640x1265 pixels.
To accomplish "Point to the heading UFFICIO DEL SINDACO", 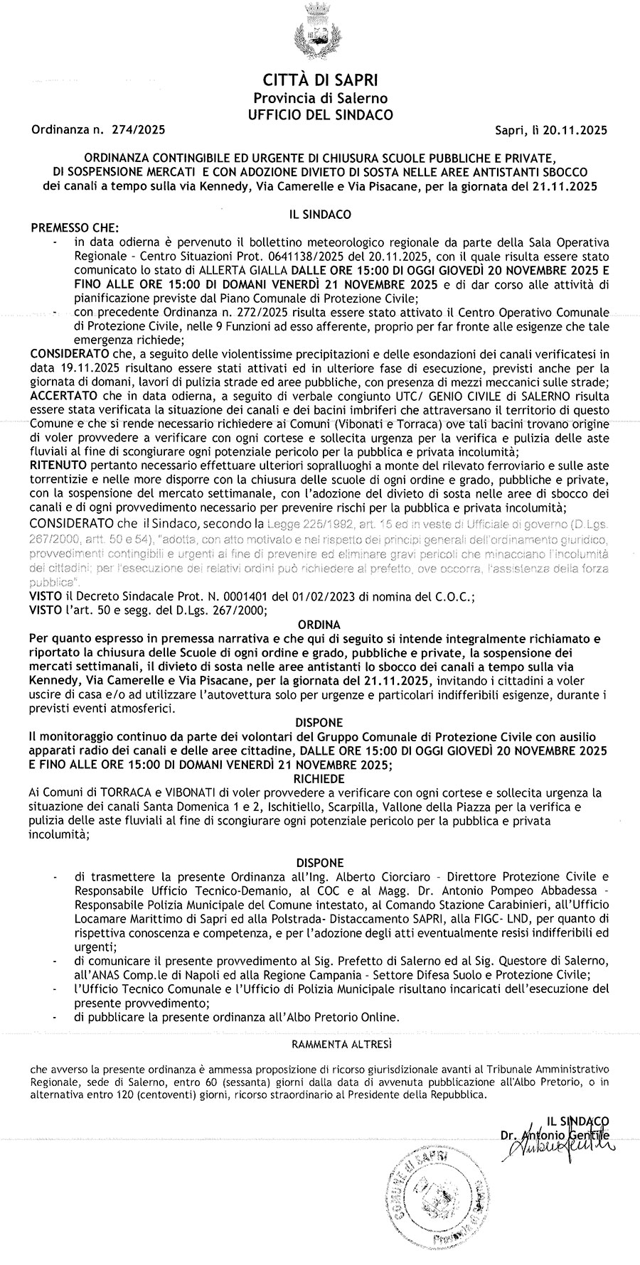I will [320, 114].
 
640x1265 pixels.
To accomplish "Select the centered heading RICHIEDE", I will [321, 779].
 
